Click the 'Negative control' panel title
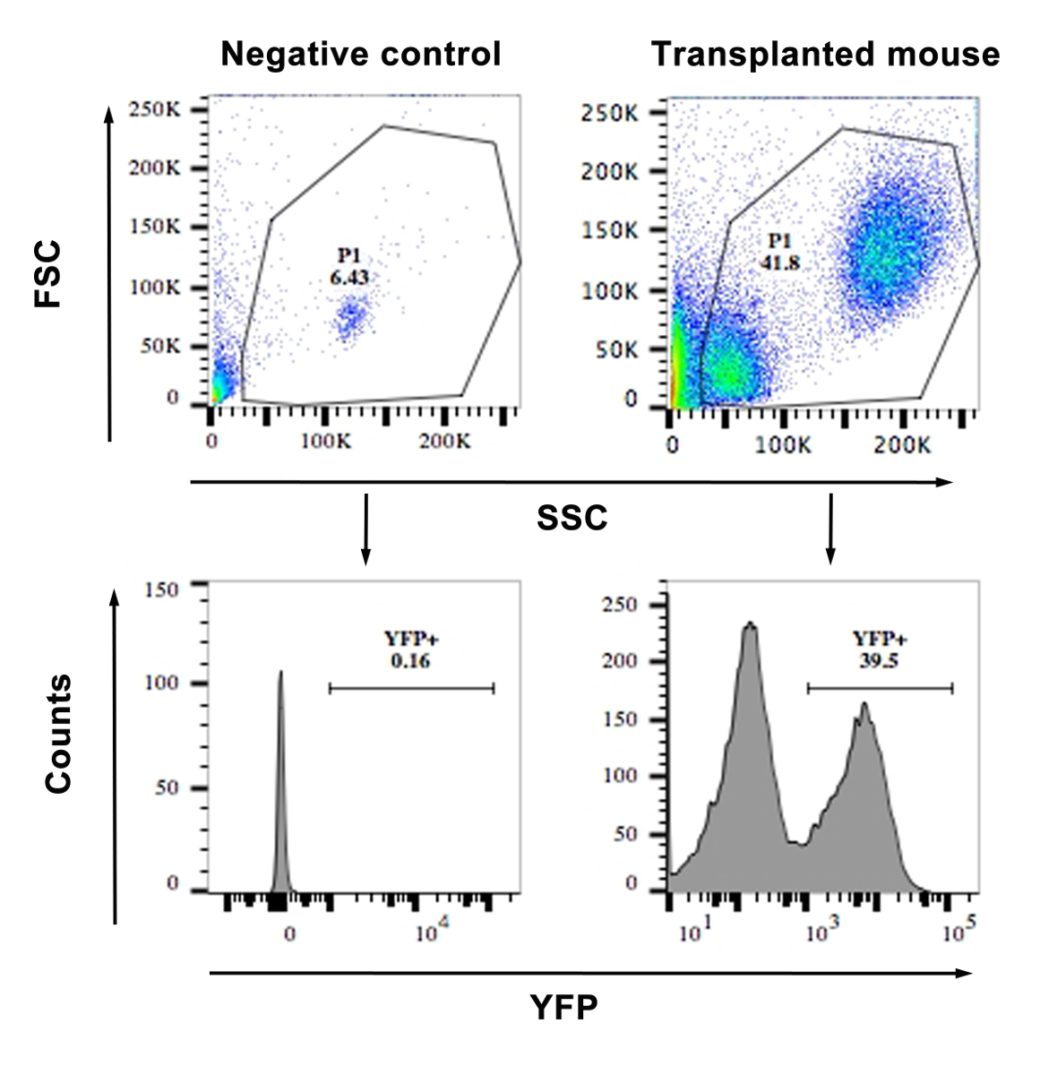tap(360, 54)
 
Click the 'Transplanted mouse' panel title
tap(825, 54)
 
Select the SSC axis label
tap(572, 517)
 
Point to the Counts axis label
tap(58, 735)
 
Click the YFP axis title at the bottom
tap(563, 1007)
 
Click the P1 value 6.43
tap(348, 279)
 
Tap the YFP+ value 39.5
tap(880, 661)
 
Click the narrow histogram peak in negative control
tap(281, 681)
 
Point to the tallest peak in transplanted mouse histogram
tap(750, 627)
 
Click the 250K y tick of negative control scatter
tap(156, 109)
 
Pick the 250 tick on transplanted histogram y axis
tap(619, 605)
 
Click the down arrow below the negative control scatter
tap(365, 529)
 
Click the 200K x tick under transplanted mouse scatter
tap(902, 445)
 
